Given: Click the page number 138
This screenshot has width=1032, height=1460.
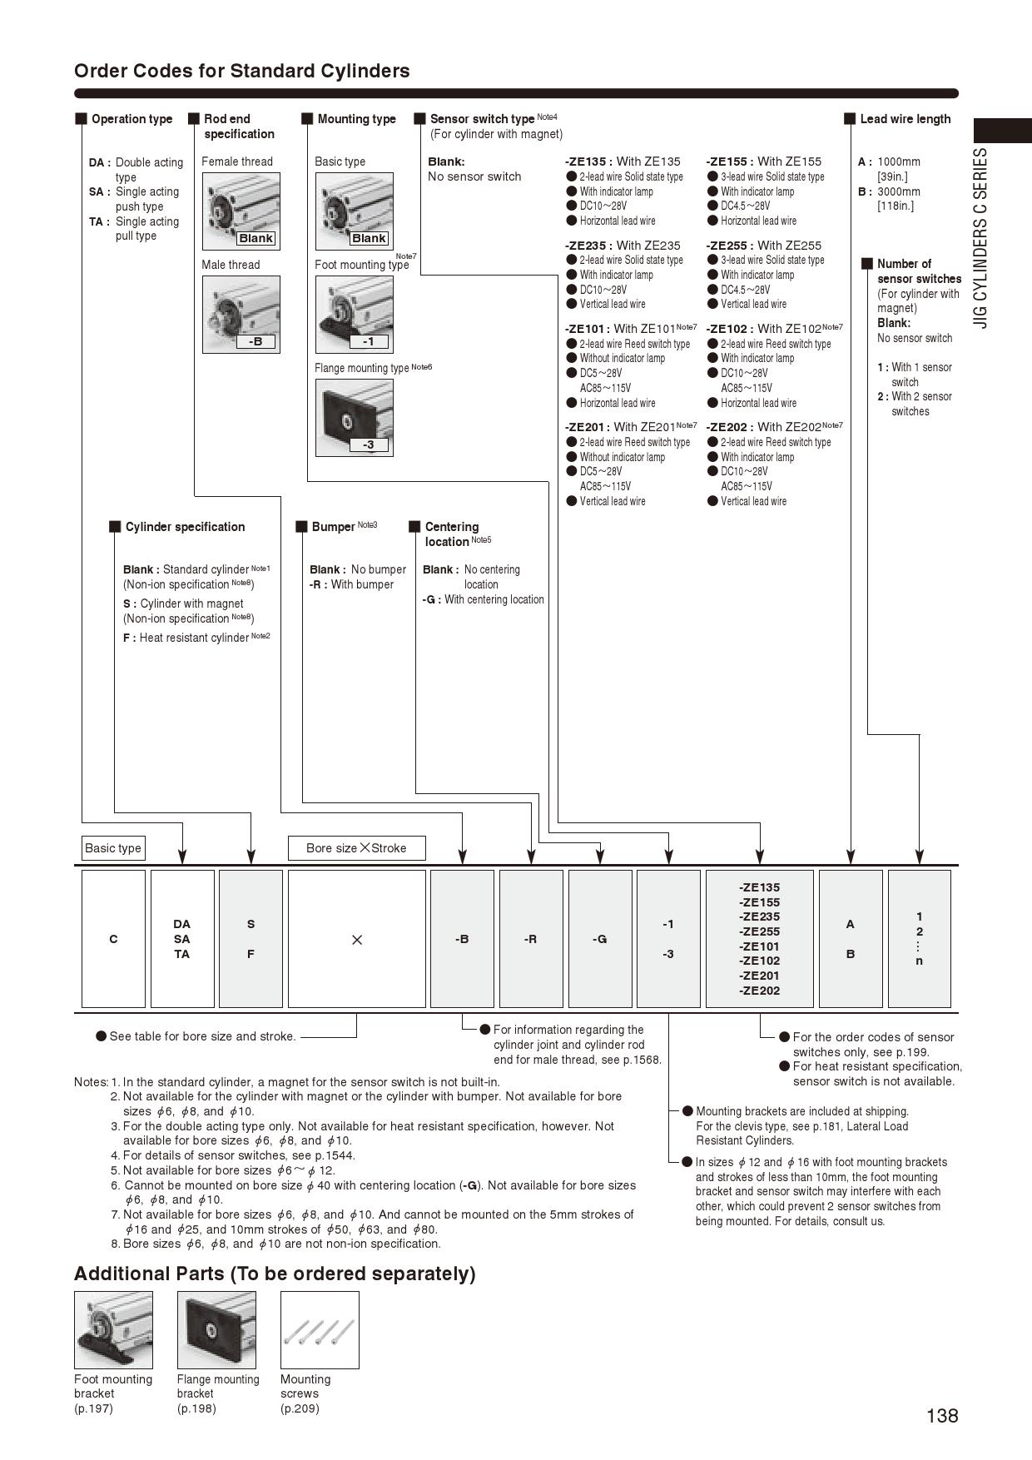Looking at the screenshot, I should [942, 1415].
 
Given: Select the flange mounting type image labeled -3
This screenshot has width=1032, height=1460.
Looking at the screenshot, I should [354, 417].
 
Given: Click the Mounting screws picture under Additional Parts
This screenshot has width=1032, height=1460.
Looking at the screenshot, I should [320, 1329].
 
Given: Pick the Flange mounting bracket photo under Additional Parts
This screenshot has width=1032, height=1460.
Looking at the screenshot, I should [216, 1329].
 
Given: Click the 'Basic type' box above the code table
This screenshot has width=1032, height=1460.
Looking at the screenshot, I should [113, 848].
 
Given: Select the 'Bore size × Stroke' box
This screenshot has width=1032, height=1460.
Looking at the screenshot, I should [356, 848].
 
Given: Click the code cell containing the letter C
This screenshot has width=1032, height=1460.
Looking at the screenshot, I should [113, 939].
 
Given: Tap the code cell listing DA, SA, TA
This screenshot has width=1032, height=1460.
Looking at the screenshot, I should [182, 939].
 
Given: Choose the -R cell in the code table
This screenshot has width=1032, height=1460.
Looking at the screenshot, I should [531, 939].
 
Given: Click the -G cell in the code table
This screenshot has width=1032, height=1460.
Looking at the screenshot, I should [600, 939].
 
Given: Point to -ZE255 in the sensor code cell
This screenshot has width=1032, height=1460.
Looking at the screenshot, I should [759, 931].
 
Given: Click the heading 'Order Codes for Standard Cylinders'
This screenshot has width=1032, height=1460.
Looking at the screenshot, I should [241, 71].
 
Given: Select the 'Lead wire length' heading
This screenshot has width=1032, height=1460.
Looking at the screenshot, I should [905, 119].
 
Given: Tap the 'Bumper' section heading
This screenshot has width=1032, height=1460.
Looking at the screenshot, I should [333, 527].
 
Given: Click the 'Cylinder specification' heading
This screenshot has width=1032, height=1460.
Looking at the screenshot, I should [185, 527].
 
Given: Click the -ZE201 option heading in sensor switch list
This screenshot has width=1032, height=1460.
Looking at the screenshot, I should [588, 427].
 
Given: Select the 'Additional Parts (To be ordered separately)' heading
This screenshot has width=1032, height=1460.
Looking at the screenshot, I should [275, 1274].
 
